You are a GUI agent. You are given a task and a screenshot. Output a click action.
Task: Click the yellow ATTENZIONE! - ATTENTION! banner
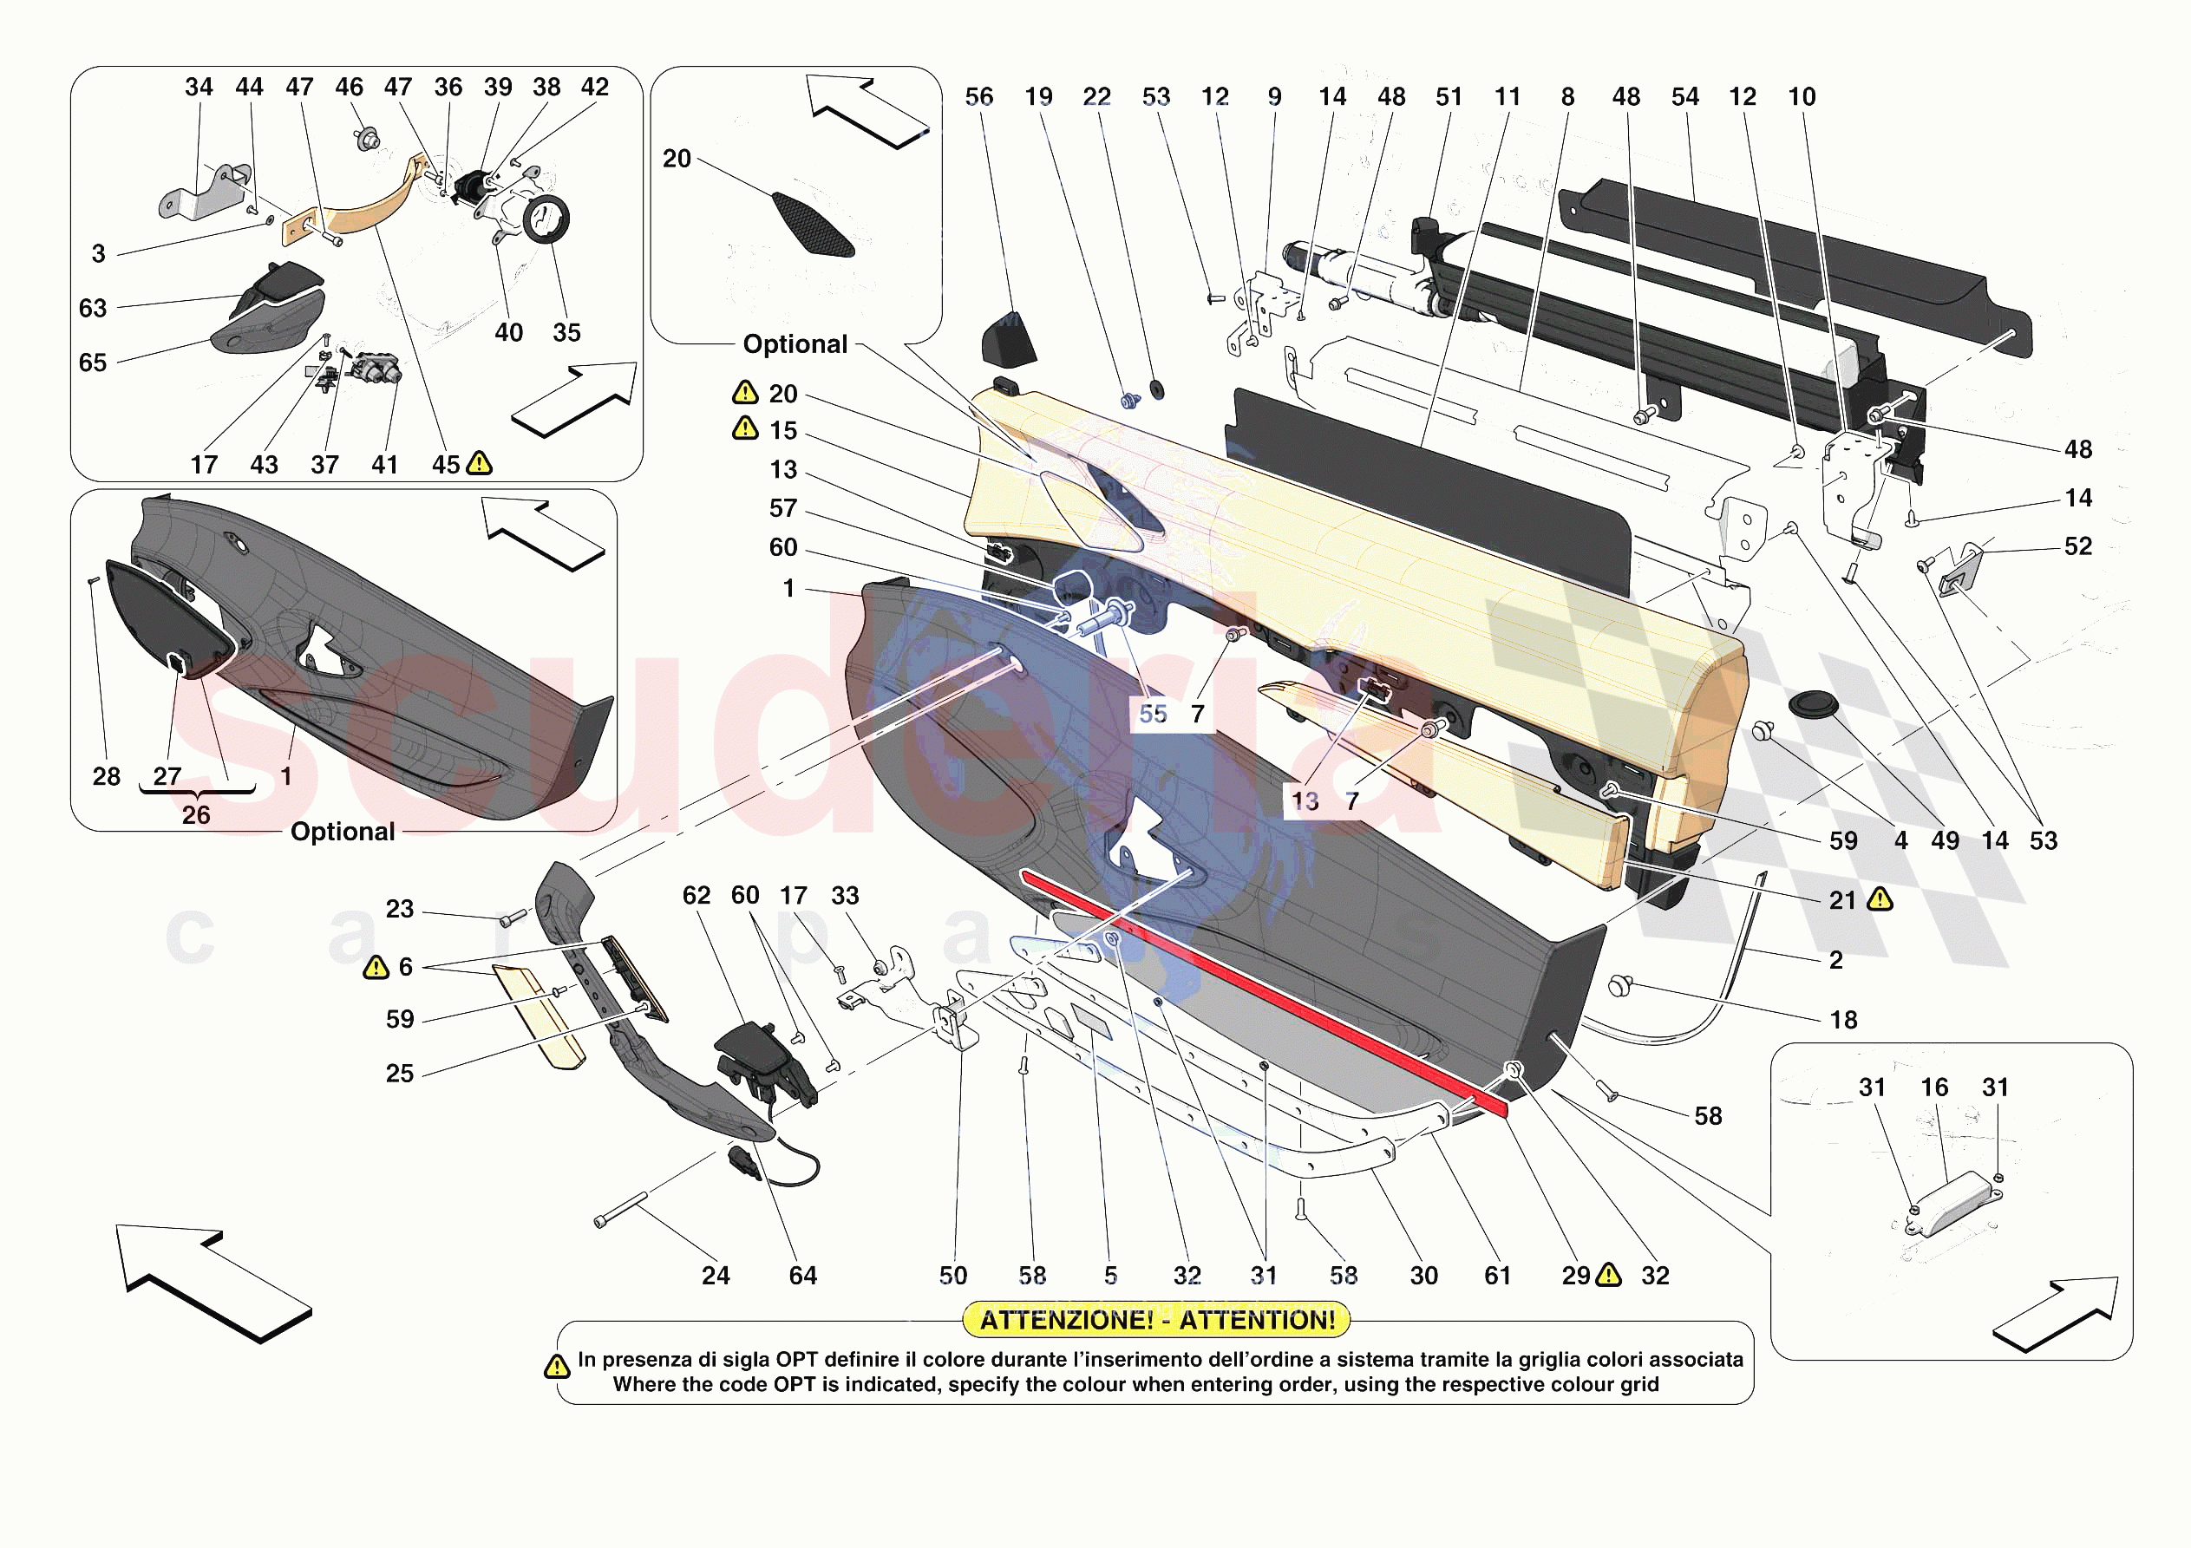(1156, 1320)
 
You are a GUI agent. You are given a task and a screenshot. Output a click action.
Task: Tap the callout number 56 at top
(979, 96)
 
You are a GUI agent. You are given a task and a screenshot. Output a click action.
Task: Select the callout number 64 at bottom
(802, 1275)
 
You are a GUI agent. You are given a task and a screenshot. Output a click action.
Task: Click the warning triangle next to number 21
(1880, 899)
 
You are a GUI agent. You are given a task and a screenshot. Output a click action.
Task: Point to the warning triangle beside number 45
(479, 464)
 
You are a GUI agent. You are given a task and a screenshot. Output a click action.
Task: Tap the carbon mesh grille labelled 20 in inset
(812, 225)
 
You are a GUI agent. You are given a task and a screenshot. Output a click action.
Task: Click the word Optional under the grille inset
(795, 343)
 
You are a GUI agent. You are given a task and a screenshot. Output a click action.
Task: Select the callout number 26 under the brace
(196, 814)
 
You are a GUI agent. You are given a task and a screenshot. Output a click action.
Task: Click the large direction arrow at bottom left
(216, 1280)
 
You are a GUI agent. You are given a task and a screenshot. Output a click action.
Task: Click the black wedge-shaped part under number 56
(1008, 340)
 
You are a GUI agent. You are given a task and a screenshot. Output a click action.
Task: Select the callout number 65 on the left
(93, 363)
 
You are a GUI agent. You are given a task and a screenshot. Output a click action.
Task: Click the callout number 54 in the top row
(1685, 96)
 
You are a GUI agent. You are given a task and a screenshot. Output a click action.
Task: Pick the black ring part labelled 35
(546, 219)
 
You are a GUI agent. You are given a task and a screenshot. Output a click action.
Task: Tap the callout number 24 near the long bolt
(716, 1275)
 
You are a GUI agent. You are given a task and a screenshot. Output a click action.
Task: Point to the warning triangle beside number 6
(376, 968)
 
